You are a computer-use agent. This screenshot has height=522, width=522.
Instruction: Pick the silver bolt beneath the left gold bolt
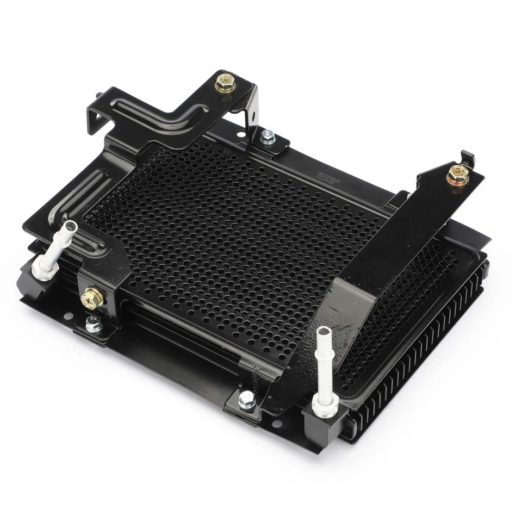pyautogui.click(x=93, y=324)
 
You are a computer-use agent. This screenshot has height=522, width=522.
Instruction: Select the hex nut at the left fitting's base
pyautogui.click(x=42, y=266)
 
